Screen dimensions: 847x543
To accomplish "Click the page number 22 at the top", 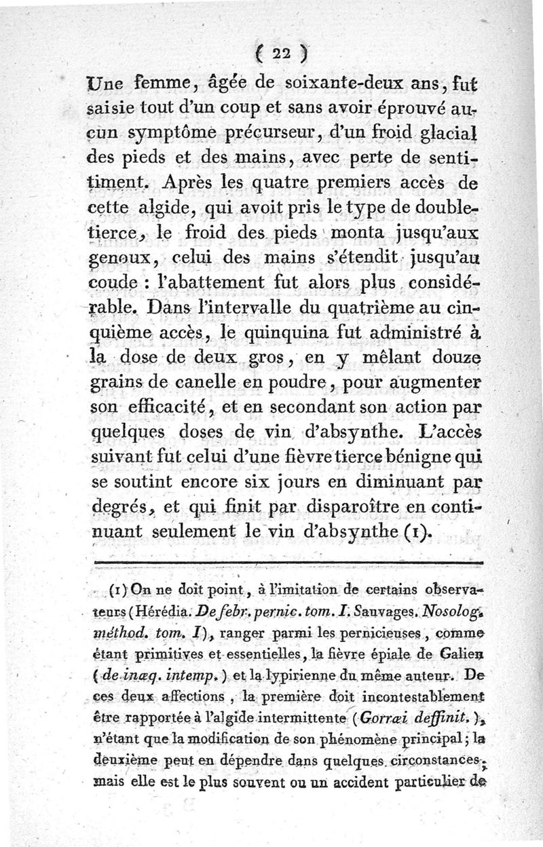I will tap(278, 52).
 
